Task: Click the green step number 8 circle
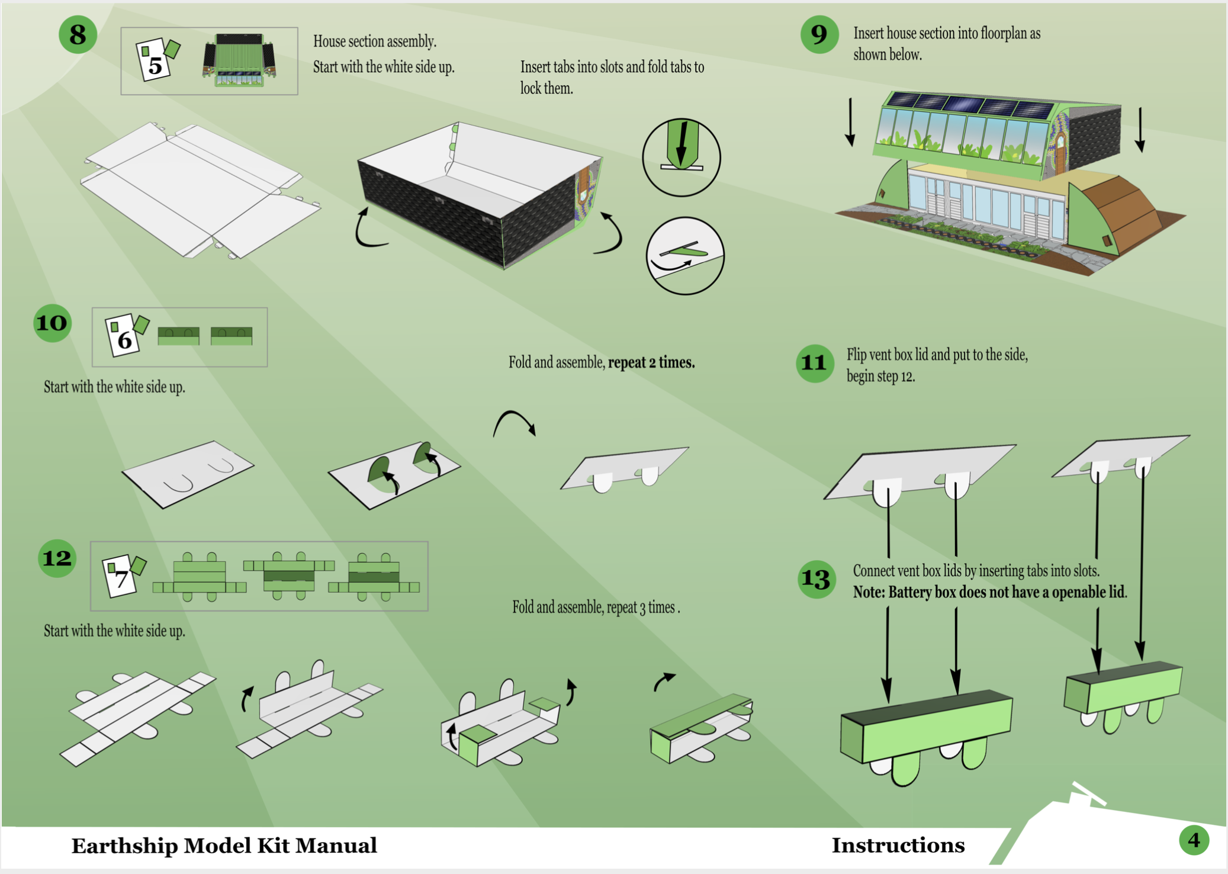(78, 35)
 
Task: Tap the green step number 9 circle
(819, 34)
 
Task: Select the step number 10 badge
(53, 323)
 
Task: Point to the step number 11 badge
(815, 363)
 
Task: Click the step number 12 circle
(57, 558)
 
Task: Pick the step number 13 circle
(816, 579)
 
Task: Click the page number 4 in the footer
(1194, 840)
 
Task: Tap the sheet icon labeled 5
(157, 58)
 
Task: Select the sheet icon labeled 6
(126, 335)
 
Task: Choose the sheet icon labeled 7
(123, 575)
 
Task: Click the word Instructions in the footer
(898, 846)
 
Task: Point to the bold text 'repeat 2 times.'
(651, 362)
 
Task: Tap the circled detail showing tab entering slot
(681, 157)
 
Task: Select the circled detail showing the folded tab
(685, 256)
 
